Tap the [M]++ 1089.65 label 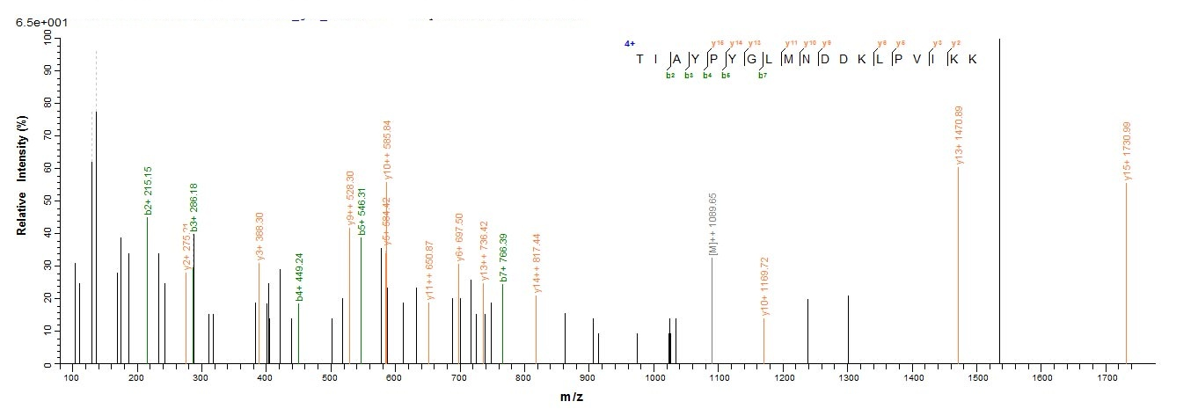coord(713,224)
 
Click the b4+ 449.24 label coord(299,277)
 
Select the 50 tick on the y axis coord(58,200)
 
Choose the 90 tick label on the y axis coord(58,69)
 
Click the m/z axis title coord(571,398)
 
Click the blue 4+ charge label coord(630,43)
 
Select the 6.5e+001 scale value coord(40,22)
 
